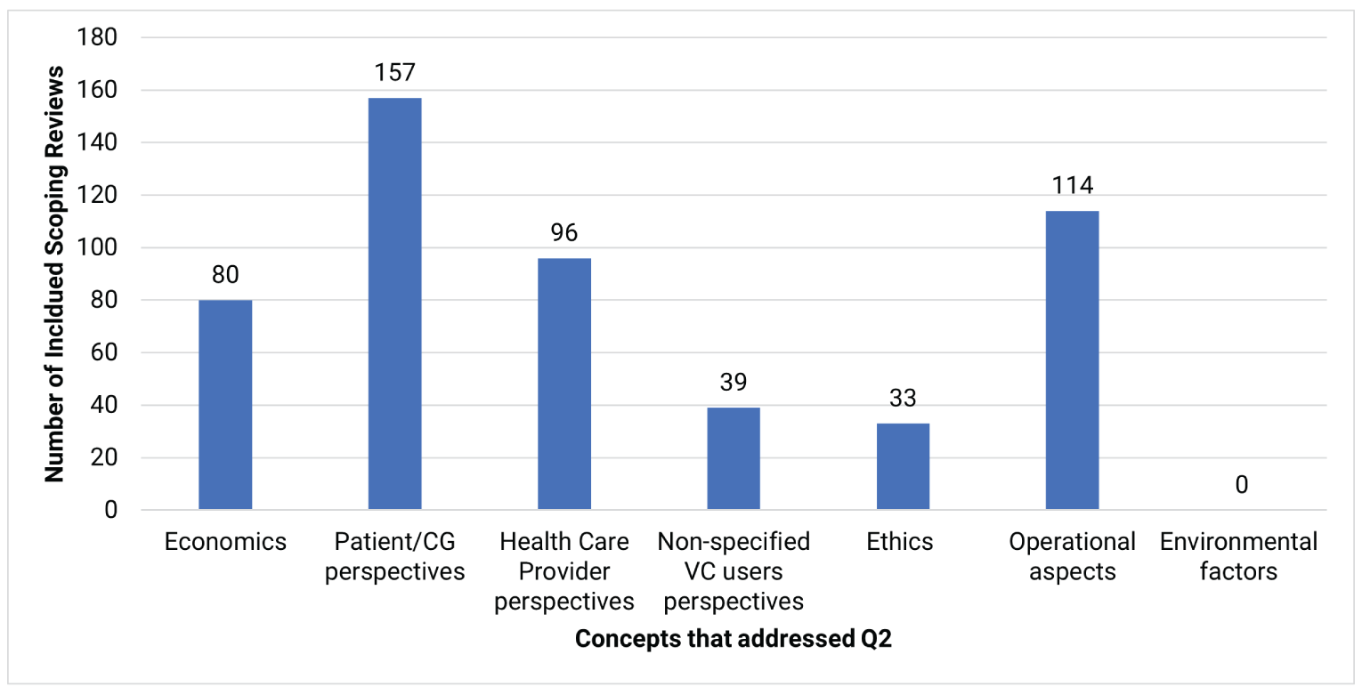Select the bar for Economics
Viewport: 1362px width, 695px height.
(225, 405)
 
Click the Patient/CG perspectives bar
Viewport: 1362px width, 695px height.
(394, 303)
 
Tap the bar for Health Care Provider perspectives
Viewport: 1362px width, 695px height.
(563, 384)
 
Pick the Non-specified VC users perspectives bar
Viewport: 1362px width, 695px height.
(734, 458)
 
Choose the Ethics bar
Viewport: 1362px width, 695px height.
(903, 466)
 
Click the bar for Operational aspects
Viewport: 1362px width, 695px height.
(1072, 360)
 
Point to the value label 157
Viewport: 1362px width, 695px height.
(394, 71)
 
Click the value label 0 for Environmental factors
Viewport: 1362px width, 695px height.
(1241, 485)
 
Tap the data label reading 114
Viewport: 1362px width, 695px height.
(1072, 185)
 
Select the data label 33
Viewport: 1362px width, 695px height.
(903, 398)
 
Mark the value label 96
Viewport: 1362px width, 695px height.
(563, 232)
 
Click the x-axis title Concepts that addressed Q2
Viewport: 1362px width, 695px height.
(733, 640)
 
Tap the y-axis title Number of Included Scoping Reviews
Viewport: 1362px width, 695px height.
(56, 273)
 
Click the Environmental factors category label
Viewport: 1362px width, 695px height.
(1238, 556)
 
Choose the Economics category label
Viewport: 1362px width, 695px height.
(225, 542)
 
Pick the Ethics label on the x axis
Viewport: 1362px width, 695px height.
(900, 542)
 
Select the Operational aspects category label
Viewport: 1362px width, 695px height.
(1072, 556)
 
